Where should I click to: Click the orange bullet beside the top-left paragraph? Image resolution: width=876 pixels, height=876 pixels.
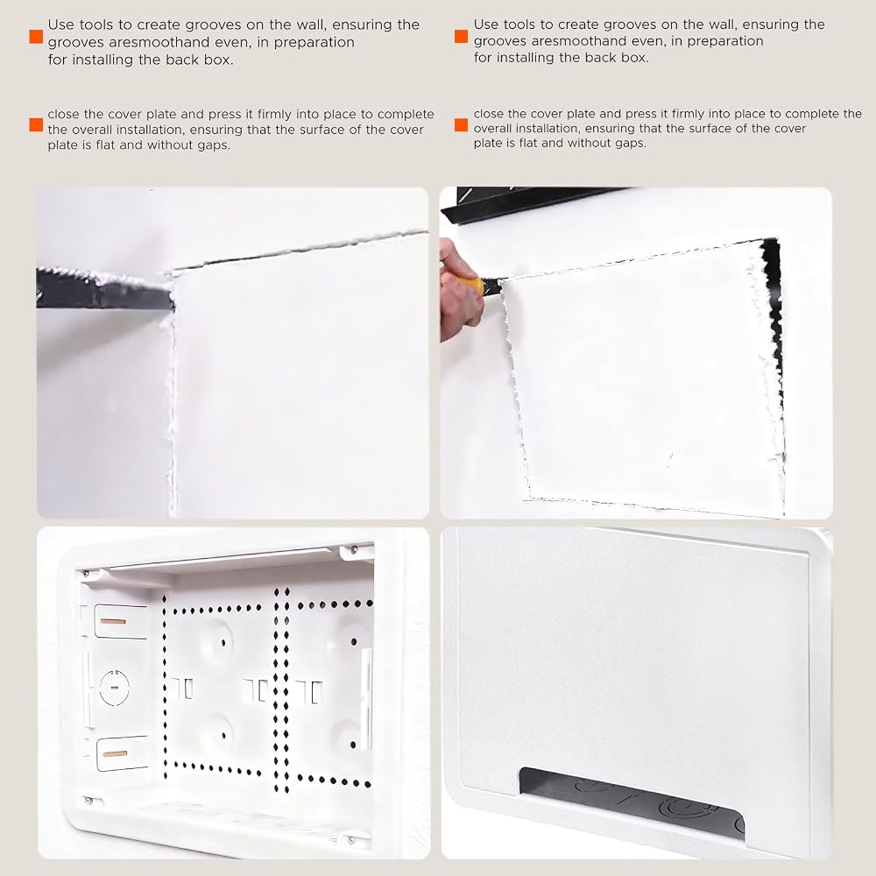pos(36,37)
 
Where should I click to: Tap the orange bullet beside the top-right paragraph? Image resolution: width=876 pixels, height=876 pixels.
pos(462,36)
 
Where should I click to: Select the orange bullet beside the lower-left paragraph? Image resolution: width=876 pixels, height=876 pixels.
pos(36,124)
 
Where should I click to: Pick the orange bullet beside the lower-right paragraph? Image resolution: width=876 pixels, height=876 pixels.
pos(462,124)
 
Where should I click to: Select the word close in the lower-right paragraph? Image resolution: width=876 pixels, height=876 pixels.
pos(489,113)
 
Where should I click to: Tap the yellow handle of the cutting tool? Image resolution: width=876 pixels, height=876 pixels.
pos(473,285)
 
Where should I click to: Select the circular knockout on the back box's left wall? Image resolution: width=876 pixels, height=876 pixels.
pos(115,687)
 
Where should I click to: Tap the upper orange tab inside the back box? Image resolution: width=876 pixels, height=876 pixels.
pos(113,621)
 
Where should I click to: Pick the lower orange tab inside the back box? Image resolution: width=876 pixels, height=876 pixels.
pos(115,753)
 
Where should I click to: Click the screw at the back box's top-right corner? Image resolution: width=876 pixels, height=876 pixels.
pos(354,550)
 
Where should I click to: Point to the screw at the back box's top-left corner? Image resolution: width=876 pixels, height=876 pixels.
pos(86,574)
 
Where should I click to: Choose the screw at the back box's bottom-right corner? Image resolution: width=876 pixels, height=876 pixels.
pos(351,840)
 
